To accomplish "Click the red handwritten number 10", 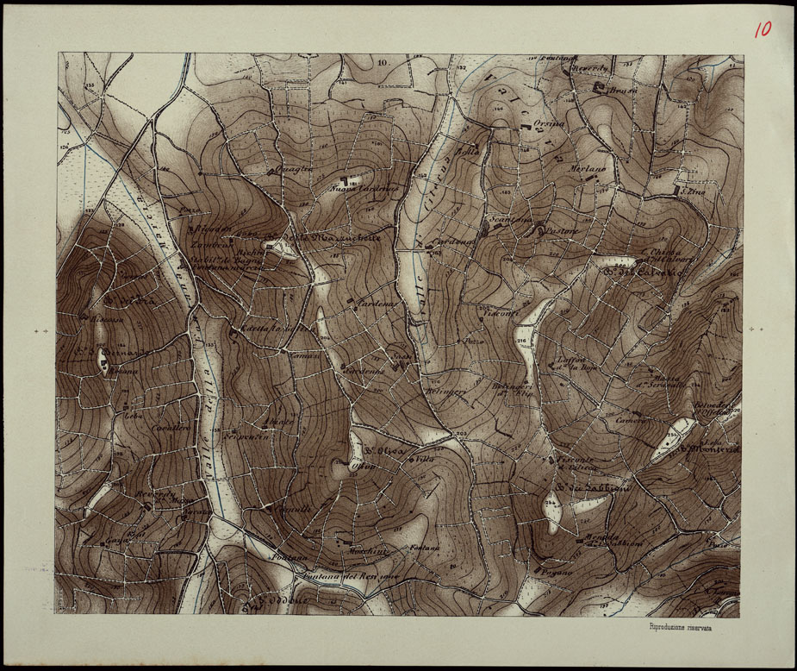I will tap(763, 29).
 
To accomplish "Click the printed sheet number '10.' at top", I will tap(383, 63).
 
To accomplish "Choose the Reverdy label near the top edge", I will tap(593, 68).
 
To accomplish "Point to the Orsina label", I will tap(548, 124).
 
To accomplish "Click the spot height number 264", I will tap(549, 502).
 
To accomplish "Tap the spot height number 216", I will tap(521, 341).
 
